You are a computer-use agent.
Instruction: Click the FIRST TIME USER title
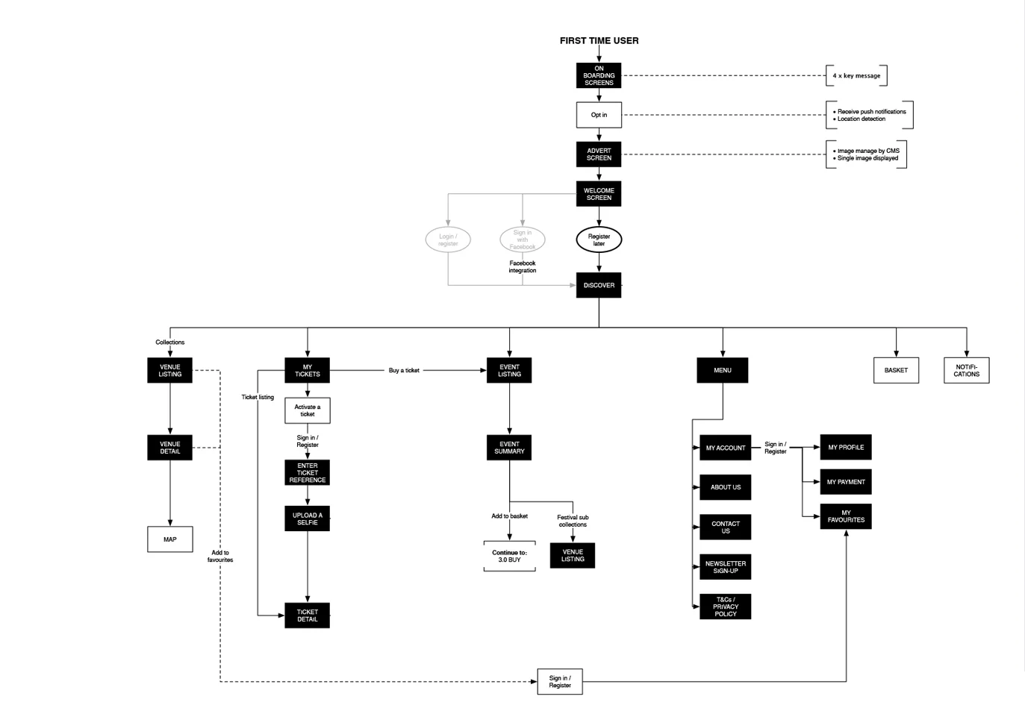[599, 41]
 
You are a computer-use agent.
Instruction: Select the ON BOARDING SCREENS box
[599, 75]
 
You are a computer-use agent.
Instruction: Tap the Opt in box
[599, 115]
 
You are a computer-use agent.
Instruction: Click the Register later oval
[599, 239]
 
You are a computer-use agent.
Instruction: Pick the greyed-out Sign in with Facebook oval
[522, 239]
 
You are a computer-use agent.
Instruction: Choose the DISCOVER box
[599, 286]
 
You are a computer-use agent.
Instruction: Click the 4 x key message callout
[856, 75]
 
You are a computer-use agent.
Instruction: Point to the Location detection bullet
[859, 119]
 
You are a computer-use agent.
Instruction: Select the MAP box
[169, 539]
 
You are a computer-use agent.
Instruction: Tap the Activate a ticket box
[307, 410]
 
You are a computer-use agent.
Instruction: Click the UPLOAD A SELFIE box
[307, 519]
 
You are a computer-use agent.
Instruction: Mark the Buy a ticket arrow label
[404, 371]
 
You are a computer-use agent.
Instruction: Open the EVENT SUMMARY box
[509, 448]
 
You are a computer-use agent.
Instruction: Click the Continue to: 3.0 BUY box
[509, 556]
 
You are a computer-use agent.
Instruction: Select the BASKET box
[896, 371]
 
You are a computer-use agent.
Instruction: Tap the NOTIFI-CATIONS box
[967, 371]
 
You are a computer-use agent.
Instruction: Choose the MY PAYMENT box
[846, 482]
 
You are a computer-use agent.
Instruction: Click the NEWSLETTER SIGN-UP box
[726, 567]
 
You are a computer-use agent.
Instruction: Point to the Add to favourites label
[220, 556]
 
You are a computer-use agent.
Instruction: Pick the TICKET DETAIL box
[307, 616]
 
